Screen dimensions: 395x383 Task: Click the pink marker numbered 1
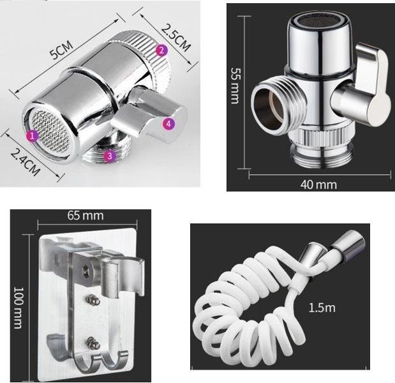click(32, 137)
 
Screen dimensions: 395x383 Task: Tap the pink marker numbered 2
click(161, 50)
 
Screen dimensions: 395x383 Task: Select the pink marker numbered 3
click(110, 156)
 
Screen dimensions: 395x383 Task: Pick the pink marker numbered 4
click(168, 124)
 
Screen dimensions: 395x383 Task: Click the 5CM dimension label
click(61, 49)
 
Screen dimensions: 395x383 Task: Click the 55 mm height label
click(235, 86)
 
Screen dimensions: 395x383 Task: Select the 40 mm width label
click(318, 184)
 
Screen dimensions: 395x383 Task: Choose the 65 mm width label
click(86, 216)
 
